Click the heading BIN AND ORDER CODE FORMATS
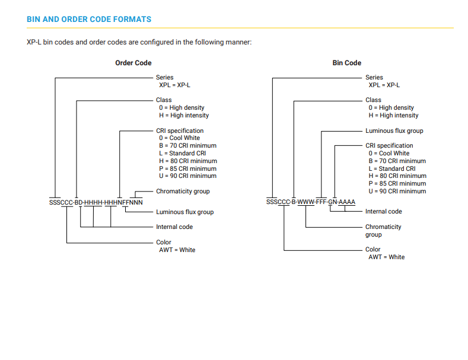(89, 20)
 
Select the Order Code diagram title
(133, 63)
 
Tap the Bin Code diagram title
(347, 63)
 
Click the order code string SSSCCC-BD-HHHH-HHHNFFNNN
(96, 202)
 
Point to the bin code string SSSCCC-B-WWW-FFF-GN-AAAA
(311, 202)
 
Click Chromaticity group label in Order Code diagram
(183, 192)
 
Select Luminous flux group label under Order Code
(184, 212)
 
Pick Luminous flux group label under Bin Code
(394, 130)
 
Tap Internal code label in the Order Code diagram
(174, 227)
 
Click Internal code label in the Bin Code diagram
(384, 211)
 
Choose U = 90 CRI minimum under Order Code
(188, 176)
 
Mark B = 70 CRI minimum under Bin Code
(397, 161)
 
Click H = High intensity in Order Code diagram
(184, 115)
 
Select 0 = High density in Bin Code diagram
(391, 107)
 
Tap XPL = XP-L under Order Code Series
(174, 85)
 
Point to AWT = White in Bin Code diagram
(387, 257)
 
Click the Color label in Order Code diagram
(164, 242)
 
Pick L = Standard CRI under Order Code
(182, 153)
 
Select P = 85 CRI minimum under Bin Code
(397, 184)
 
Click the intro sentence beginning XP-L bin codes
(139, 42)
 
